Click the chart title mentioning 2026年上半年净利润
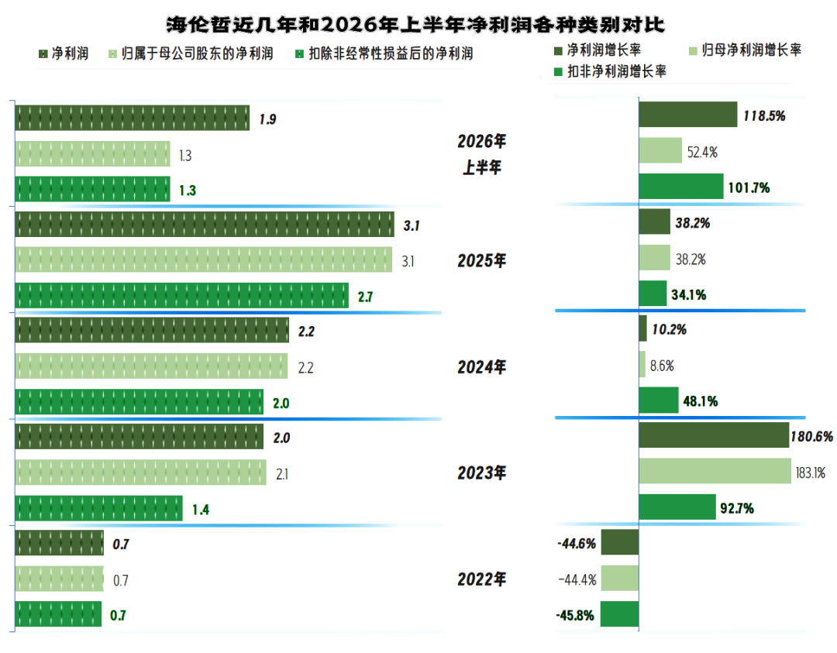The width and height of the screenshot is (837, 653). click(415, 25)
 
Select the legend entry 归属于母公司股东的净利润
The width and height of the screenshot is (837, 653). click(191, 53)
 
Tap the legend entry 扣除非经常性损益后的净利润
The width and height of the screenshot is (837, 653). click(384, 53)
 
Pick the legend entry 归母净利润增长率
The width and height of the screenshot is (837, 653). click(746, 50)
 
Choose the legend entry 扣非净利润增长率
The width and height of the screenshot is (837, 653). click(610, 71)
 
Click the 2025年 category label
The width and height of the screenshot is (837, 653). click(481, 260)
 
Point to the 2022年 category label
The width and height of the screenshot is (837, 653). click(481, 579)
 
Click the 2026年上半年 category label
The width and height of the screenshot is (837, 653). click(481, 154)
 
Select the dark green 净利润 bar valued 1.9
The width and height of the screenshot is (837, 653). click(133, 118)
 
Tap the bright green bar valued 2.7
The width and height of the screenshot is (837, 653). click(182, 296)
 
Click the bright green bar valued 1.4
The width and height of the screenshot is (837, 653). click(98, 508)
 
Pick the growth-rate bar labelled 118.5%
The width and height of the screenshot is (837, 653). click(688, 115)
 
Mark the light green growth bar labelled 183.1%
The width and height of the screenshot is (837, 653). click(715, 471)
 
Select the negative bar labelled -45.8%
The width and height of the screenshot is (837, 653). click(620, 614)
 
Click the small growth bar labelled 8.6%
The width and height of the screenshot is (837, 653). click(642, 364)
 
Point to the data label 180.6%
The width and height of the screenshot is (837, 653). click(811, 436)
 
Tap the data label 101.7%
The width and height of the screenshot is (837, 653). click(749, 187)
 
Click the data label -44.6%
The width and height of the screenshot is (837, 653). click(577, 544)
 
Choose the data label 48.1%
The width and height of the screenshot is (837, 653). click(701, 401)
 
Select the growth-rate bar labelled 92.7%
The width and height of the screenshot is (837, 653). click(677, 507)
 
